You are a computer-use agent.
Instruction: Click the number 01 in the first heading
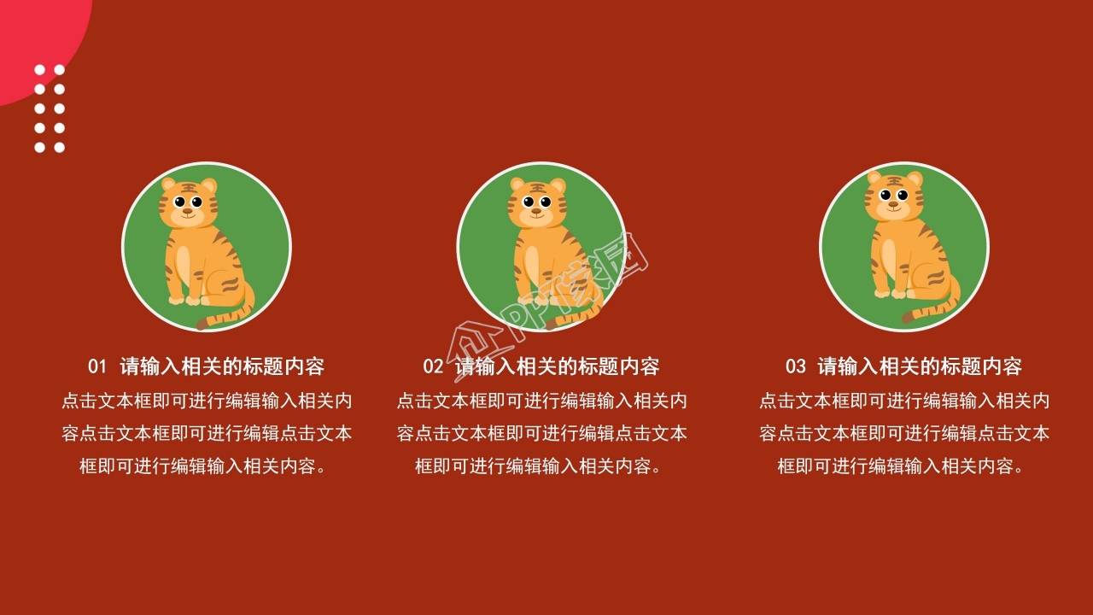[97, 367]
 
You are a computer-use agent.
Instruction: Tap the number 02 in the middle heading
[433, 367]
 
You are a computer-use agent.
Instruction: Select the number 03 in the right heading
[795, 367]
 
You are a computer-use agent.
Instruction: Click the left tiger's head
[188, 203]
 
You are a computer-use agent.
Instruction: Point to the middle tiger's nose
[536, 210]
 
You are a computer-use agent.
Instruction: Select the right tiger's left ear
[875, 178]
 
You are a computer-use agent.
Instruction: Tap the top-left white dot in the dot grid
[39, 70]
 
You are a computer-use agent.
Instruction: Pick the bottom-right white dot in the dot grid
[60, 148]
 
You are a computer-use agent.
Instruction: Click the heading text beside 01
[222, 367]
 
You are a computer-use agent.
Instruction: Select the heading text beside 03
[920, 367]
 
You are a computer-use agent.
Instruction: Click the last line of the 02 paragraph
[538, 466]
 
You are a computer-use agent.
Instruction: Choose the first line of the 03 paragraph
[904, 401]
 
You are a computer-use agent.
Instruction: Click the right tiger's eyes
[893, 196]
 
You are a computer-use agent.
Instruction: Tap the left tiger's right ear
[209, 185]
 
